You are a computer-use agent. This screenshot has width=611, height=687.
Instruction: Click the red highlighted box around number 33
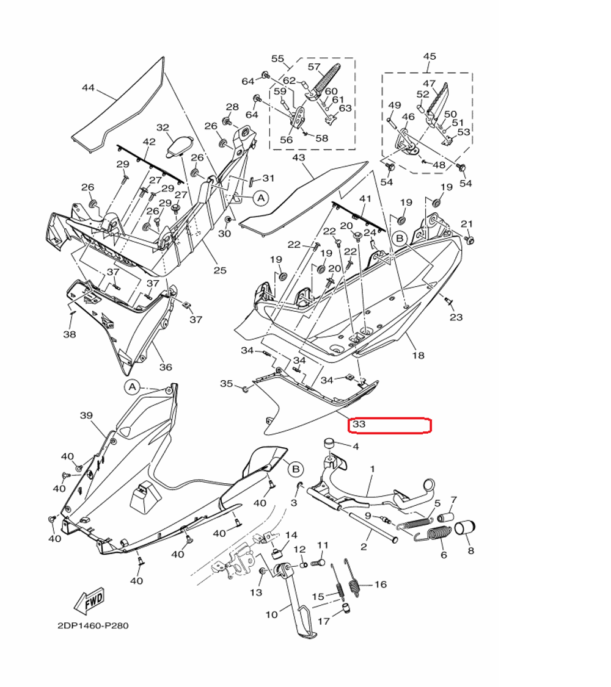click(389, 425)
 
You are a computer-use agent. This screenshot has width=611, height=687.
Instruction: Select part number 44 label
click(88, 88)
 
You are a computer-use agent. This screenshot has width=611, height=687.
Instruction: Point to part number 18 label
click(418, 355)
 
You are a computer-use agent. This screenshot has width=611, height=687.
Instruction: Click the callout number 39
click(86, 415)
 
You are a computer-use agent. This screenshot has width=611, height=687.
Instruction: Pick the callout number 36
click(166, 367)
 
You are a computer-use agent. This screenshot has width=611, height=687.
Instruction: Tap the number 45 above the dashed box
click(430, 57)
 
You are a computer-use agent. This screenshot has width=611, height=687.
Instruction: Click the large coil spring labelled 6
click(439, 534)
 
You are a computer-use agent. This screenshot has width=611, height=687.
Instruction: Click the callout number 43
click(298, 158)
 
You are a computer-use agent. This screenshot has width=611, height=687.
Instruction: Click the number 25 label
click(219, 270)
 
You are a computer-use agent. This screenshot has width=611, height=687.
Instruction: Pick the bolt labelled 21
click(470, 240)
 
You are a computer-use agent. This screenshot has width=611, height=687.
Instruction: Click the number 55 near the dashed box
click(278, 59)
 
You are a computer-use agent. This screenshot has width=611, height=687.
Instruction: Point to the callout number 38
click(69, 334)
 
